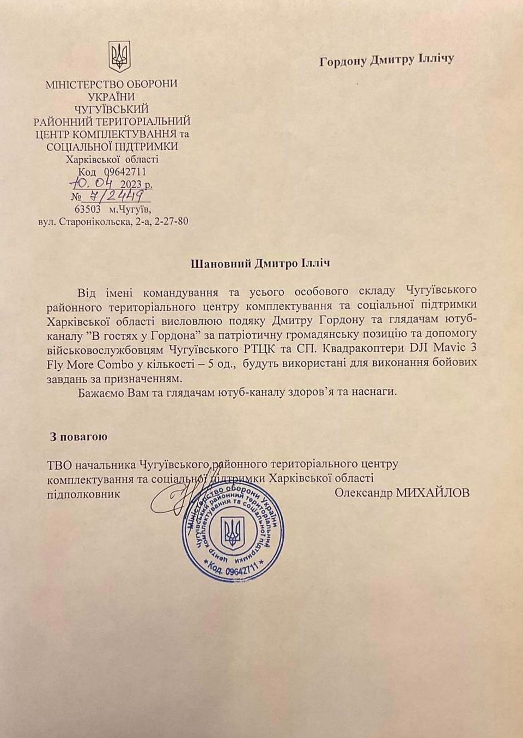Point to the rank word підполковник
click(x=83, y=493)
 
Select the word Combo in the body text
click(x=114, y=363)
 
